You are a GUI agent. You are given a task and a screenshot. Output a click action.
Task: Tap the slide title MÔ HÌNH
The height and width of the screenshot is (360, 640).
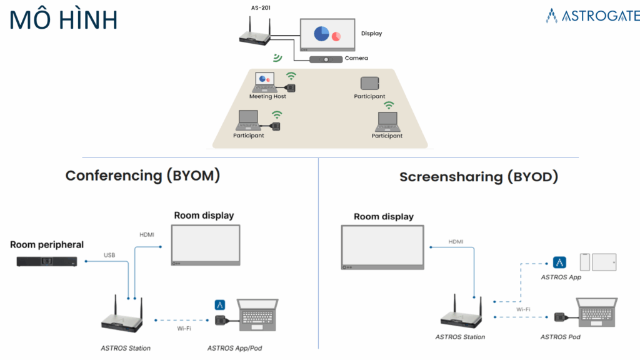[x=64, y=20]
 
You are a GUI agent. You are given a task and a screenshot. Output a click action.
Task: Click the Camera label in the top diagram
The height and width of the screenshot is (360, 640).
[x=356, y=58]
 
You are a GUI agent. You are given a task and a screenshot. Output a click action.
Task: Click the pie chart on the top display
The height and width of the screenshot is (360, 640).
[x=322, y=34]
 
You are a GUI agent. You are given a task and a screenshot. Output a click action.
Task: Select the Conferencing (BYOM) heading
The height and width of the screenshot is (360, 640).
[x=143, y=176]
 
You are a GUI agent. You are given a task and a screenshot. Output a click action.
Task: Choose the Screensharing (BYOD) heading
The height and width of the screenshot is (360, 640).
[x=479, y=177]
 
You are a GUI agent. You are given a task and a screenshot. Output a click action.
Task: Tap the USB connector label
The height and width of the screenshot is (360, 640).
[x=109, y=255]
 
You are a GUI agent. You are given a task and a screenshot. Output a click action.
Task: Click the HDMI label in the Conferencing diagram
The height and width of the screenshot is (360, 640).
[x=147, y=234]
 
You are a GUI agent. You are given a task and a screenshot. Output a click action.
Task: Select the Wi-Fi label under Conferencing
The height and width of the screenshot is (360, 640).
[x=183, y=328]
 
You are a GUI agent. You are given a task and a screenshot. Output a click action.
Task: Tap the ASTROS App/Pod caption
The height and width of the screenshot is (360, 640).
[x=235, y=347]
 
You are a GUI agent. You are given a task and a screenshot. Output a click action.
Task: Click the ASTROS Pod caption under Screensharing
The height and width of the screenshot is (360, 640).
[x=560, y=337]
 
